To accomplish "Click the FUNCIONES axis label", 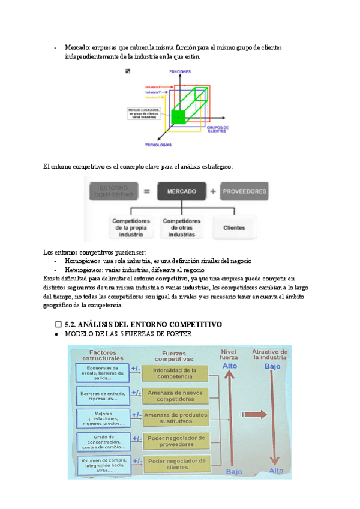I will (179, 71).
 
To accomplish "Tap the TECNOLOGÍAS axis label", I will (158, 145).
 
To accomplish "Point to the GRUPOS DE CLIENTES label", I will (217, 129).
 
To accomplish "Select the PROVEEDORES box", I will (244, 191).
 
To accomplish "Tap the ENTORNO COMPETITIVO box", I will (113, 191).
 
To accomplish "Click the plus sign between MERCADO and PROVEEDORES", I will (213, 191).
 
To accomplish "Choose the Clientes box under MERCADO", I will (234, 228).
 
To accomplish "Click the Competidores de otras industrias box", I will (182, 228).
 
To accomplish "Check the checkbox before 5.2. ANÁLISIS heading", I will (58, 324).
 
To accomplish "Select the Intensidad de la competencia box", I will (175, 374).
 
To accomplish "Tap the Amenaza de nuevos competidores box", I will (175, 396).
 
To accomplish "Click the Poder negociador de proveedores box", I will (175, 441).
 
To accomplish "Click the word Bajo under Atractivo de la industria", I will (272, 366).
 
